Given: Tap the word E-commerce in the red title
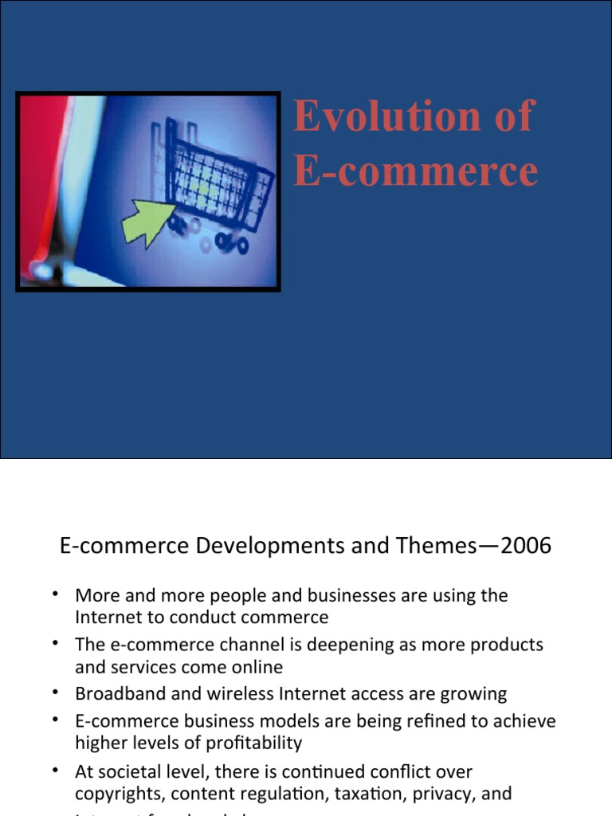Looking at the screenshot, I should [415, 171].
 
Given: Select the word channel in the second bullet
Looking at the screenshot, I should [234, 644].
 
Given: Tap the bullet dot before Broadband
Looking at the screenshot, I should [56, 692].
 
